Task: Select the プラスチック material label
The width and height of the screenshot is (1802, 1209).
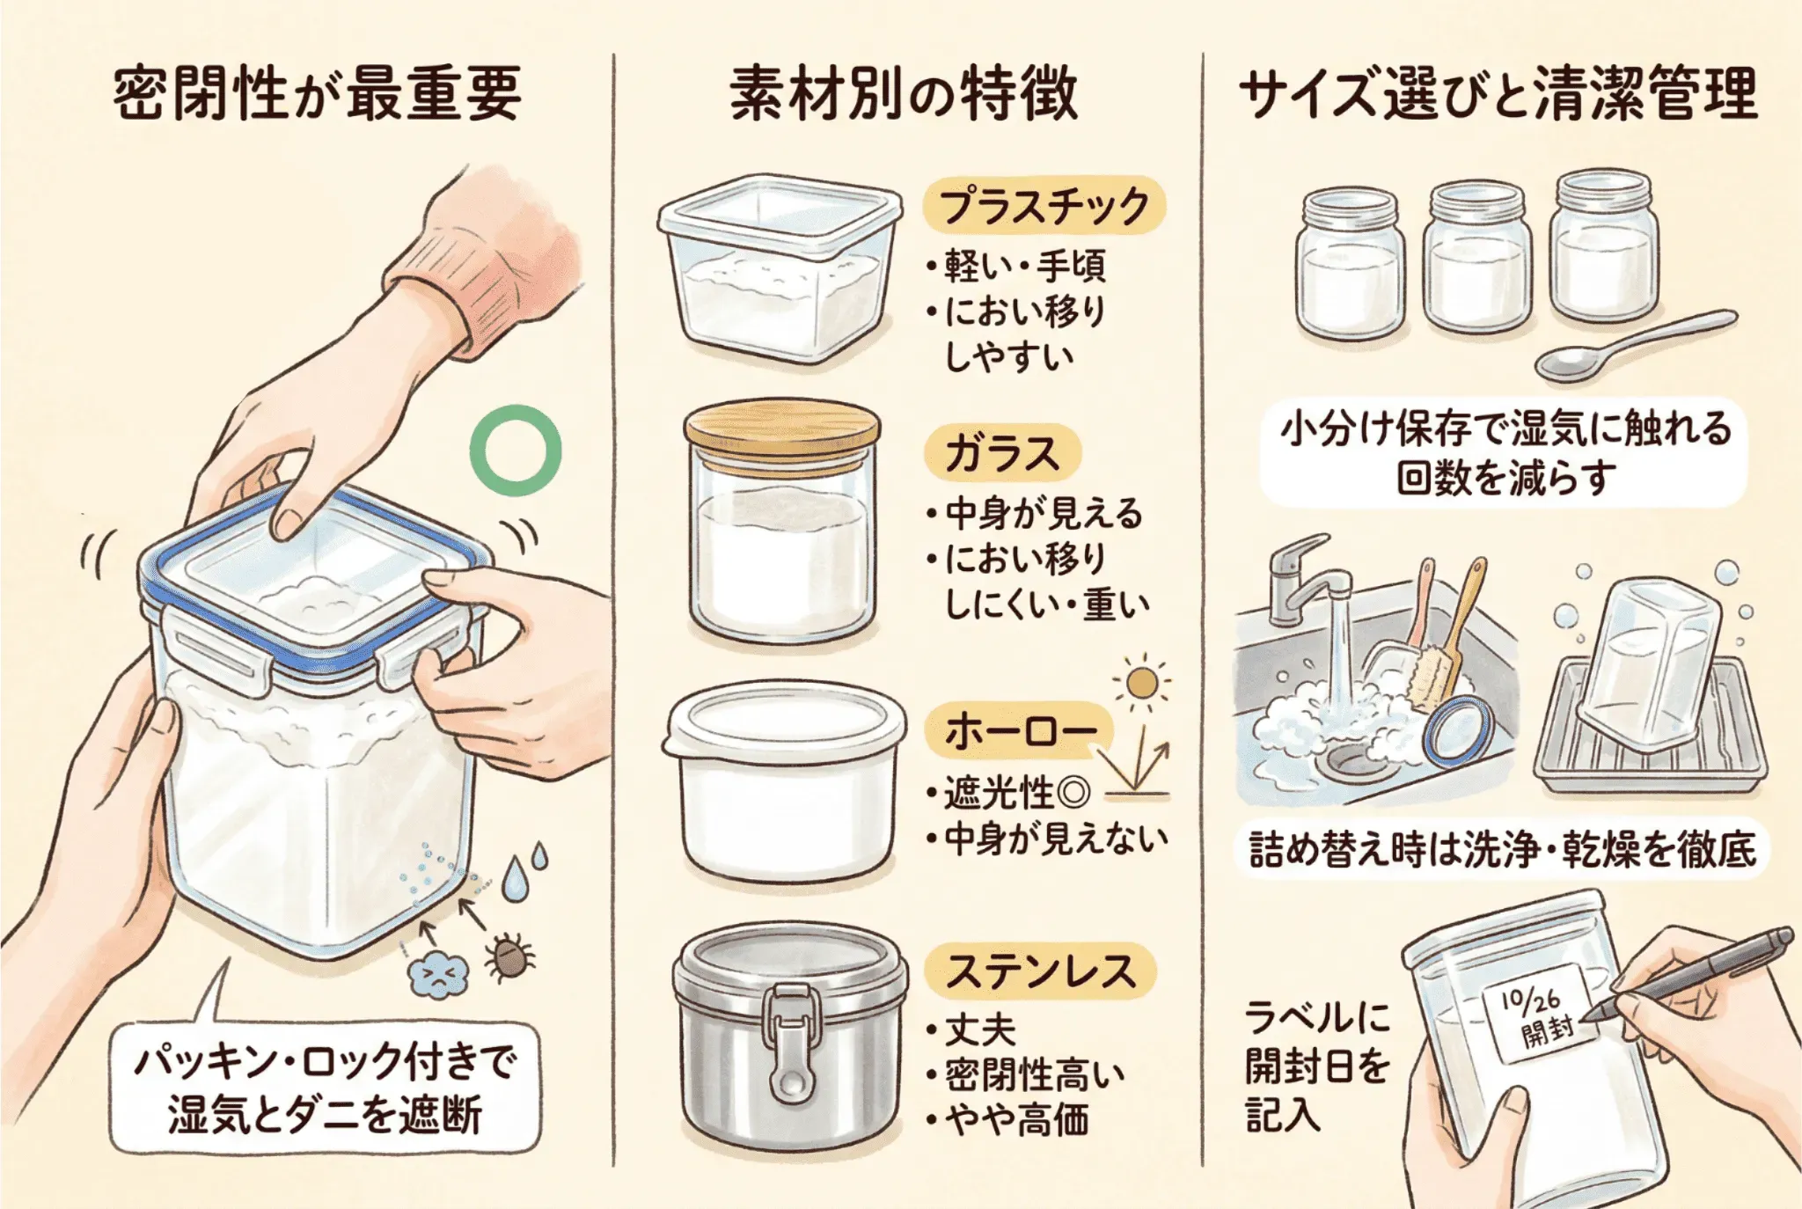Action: (x=1044, y=205)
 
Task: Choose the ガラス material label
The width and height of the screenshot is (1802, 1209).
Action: (x=1001, y=454)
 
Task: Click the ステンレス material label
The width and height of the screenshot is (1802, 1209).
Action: (x=1039, y=971)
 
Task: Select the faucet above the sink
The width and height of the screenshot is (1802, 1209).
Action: (x=1309, y=581)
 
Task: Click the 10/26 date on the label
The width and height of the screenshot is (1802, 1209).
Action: (x=1530, y=999)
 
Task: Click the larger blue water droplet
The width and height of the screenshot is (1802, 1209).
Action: (x=516, y=879)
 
